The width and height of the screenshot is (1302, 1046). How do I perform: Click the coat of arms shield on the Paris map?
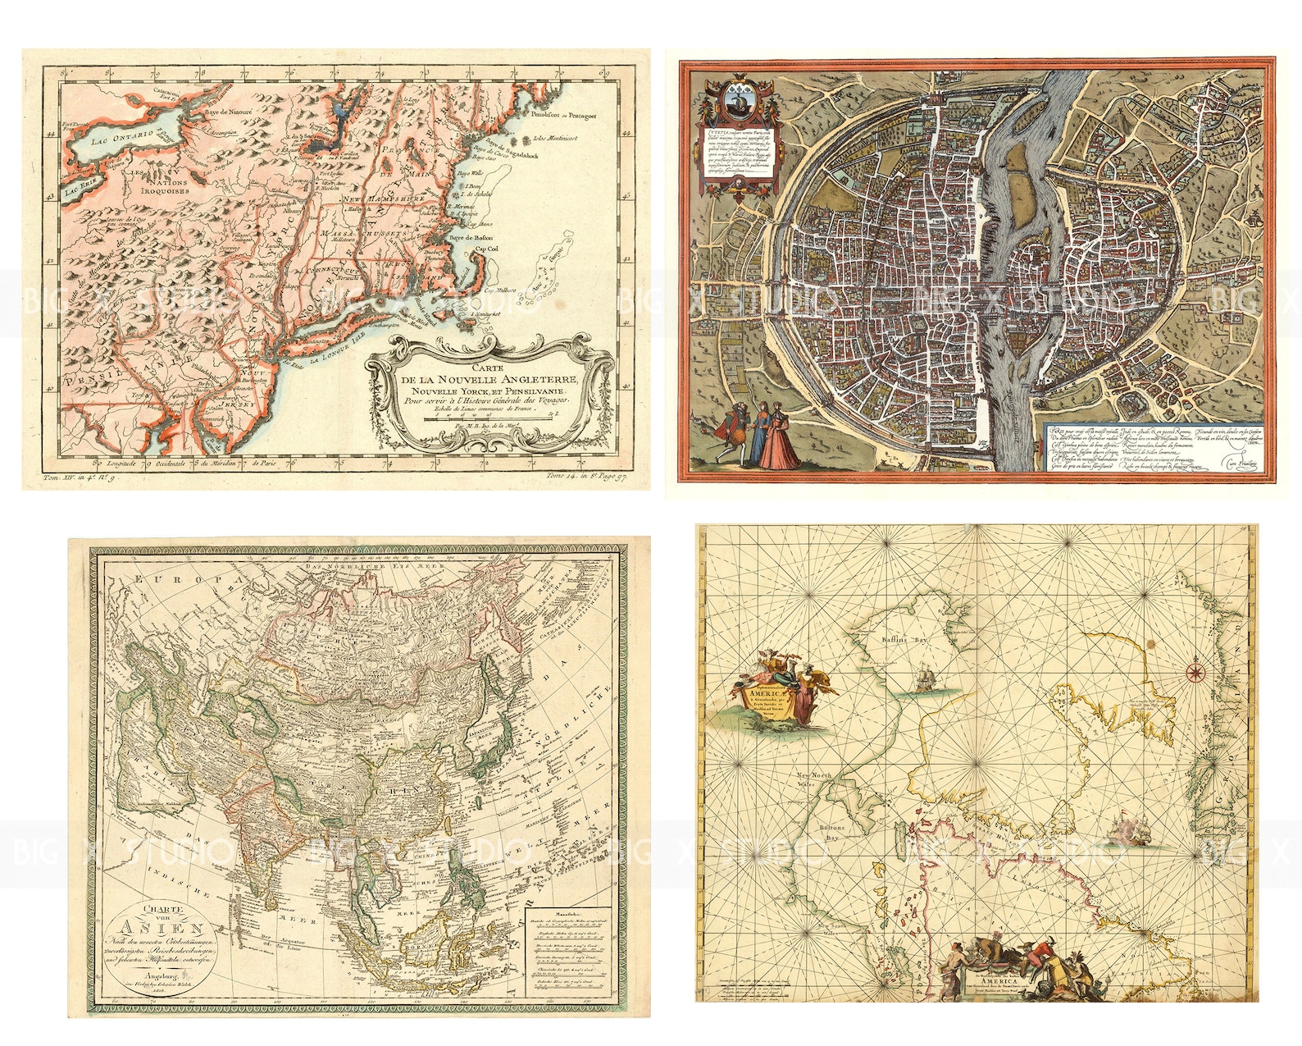pyautogui.click(x=736, y=102)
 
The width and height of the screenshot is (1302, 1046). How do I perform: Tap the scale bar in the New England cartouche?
pyautogui.click(x=489, y=418)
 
